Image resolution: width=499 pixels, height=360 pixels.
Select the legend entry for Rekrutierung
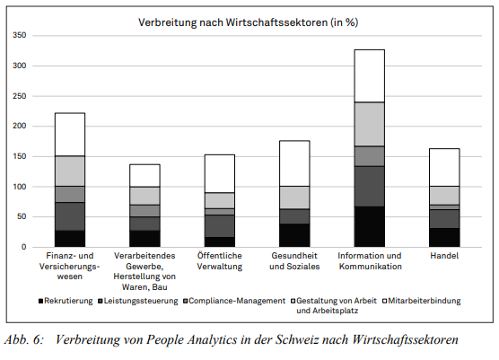(x=67, y=300)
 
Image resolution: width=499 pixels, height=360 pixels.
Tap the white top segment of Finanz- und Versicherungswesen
(x=70, y=135)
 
